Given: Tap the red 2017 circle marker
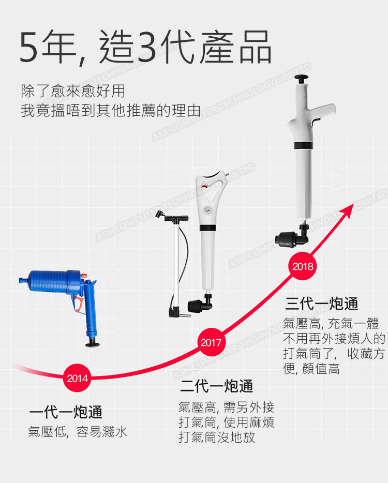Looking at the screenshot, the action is (211, 342).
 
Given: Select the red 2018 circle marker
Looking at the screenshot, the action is (302, 267).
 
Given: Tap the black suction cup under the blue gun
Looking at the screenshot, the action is (94, 342).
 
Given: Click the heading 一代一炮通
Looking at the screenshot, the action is (66, 412).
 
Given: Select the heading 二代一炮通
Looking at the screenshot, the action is (216, 386).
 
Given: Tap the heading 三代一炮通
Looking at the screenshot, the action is (321, 303).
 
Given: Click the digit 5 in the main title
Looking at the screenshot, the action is (30, 48).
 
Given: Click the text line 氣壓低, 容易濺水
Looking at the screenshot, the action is (77, 432).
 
